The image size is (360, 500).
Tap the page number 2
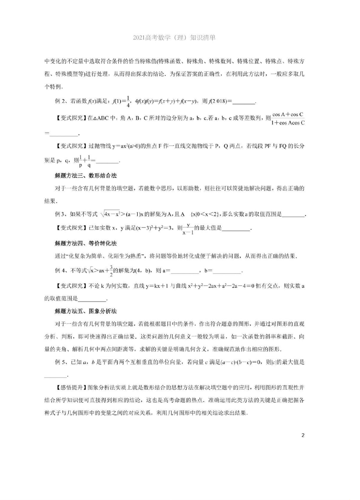click(303, 435)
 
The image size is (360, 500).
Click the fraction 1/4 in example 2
click(128, 101)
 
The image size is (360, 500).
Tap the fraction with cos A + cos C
click(288, 118)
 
